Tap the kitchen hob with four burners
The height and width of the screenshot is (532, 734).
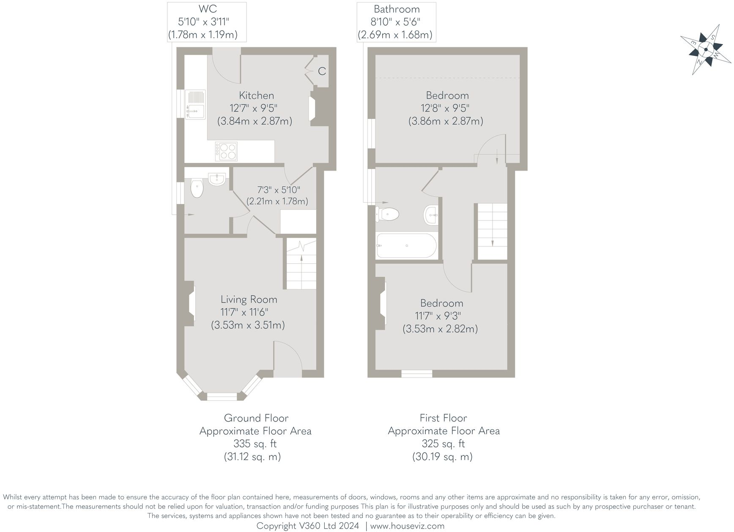coord(226,151)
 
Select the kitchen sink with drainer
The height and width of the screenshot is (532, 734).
coord(195,105)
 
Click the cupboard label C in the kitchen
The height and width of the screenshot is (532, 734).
coord(322,71)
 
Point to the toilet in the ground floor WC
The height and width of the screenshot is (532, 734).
coord(197,189)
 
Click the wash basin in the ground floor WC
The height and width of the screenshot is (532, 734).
coord(217,179)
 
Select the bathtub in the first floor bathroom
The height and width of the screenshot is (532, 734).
coord(406,245)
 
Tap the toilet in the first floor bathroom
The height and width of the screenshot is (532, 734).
coord(388,214)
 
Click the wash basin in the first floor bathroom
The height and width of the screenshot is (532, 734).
coord(431,215)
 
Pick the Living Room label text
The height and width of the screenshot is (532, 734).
coord(249,299)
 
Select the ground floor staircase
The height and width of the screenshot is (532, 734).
coord(301,264)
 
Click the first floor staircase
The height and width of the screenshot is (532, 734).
coord(492,231)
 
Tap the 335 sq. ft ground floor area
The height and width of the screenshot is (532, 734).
coord(255,444)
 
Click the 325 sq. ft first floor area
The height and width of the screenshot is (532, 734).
coord(443,444)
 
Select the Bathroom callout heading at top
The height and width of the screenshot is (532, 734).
coord(397,9)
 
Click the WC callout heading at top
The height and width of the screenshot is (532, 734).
coord(207,9)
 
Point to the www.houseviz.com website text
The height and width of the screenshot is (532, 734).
coord(407,526)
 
